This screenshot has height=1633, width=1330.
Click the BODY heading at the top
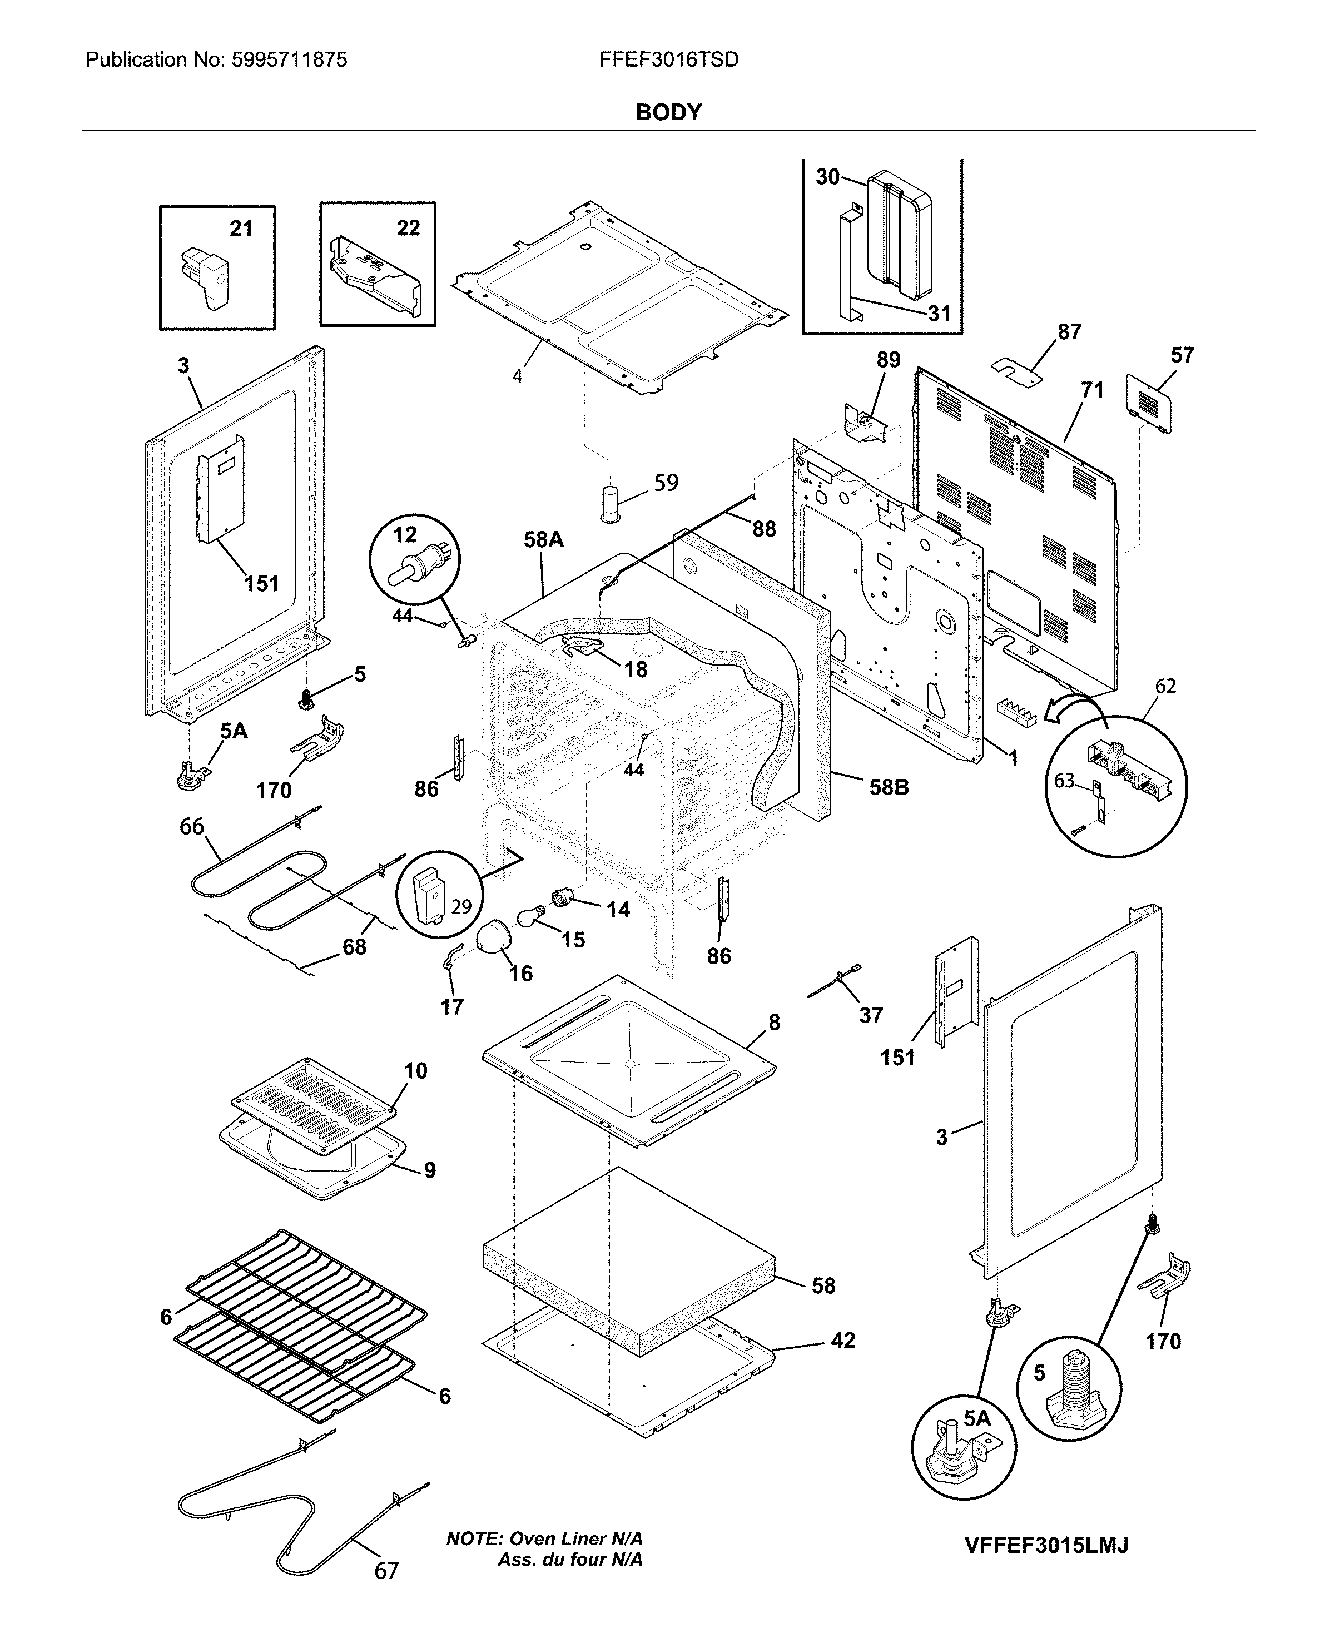[668, 113]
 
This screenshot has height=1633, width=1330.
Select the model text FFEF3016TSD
[668, 59]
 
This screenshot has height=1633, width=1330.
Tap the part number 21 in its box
[241, 229]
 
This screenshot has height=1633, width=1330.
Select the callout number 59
[666, 483]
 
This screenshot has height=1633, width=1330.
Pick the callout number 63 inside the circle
[1064, 781]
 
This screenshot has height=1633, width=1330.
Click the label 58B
[889, 787]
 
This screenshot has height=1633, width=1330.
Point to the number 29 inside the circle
[461, 906]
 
